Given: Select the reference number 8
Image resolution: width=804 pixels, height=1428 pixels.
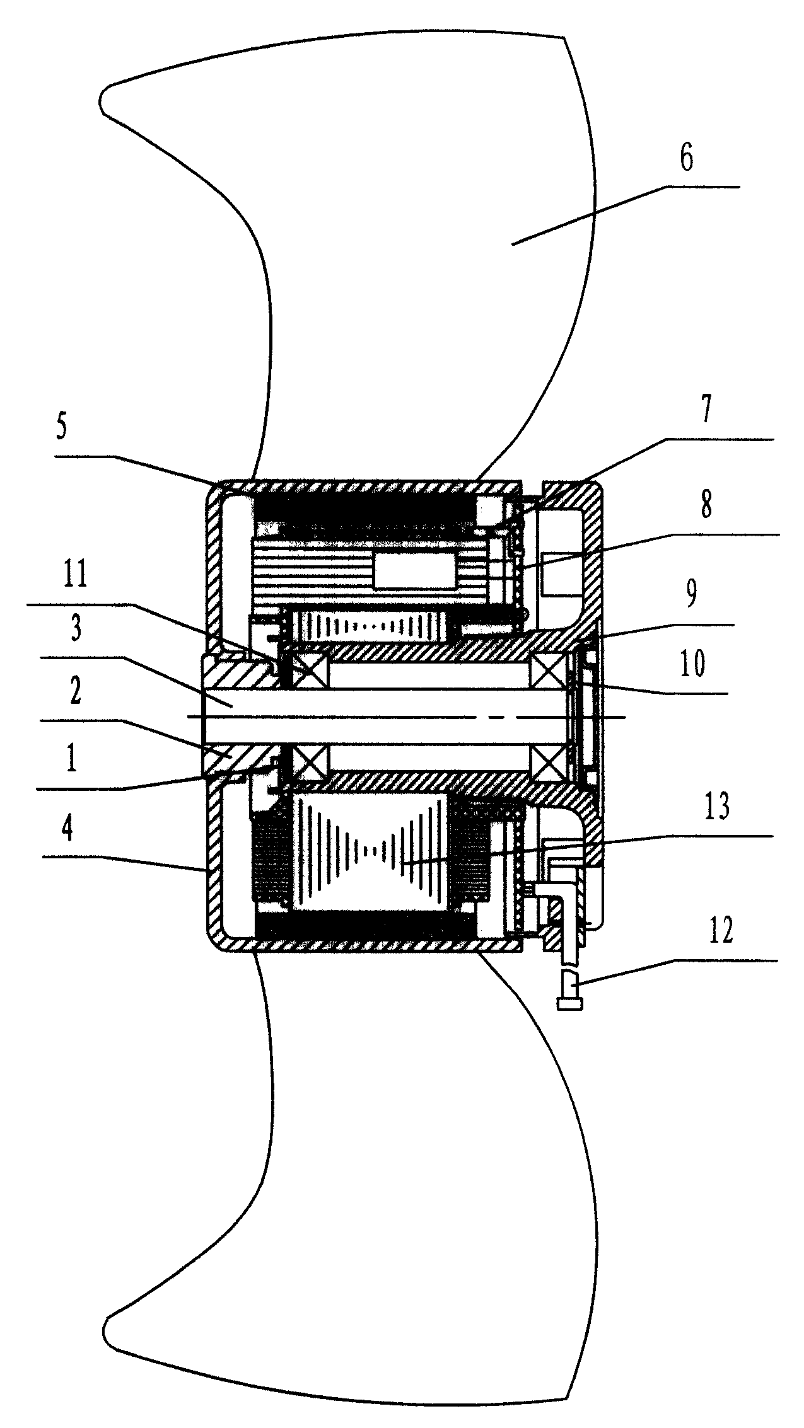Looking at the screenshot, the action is [705, 505].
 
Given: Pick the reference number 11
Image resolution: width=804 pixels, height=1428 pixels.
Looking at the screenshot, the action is [76, 577].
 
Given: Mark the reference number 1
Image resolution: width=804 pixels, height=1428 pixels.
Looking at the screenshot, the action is [72, 761].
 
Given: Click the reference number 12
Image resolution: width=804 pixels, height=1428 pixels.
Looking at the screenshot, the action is [719, 930].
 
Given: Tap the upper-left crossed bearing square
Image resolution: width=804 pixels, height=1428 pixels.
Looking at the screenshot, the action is [307, 670].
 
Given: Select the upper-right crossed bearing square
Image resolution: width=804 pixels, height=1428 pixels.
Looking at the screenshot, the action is [549, 670].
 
